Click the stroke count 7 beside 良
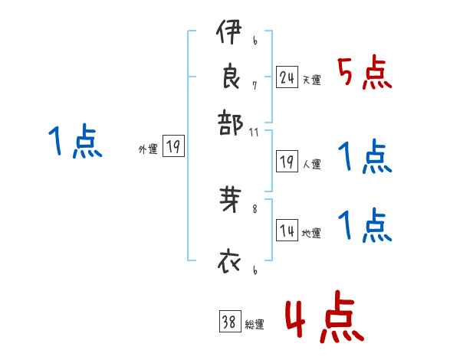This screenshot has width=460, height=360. click(255, 86)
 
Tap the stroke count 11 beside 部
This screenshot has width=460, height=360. click(255, 132)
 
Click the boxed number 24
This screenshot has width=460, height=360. click(287, 77)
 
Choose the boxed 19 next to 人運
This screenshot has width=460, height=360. click(287, 162)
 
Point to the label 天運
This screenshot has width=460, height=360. click(311, 80)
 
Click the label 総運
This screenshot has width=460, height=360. click(255, 325)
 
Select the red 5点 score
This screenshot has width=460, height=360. click(365, 73)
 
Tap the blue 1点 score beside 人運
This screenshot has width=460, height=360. click(365, 157)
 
